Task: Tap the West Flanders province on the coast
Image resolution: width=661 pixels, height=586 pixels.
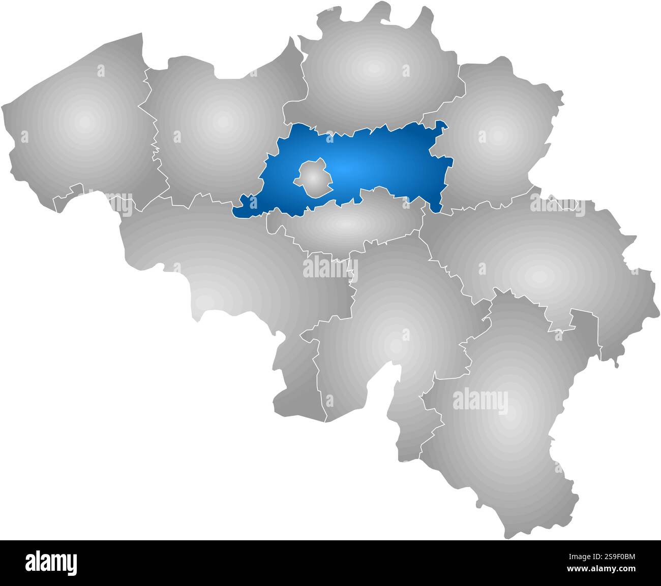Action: [81, 127]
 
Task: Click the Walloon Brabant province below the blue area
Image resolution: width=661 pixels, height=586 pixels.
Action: [346, 223]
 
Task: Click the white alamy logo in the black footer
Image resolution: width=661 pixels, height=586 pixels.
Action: [51, 563]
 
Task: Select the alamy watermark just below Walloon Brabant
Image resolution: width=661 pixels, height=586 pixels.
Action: [331, 268]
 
